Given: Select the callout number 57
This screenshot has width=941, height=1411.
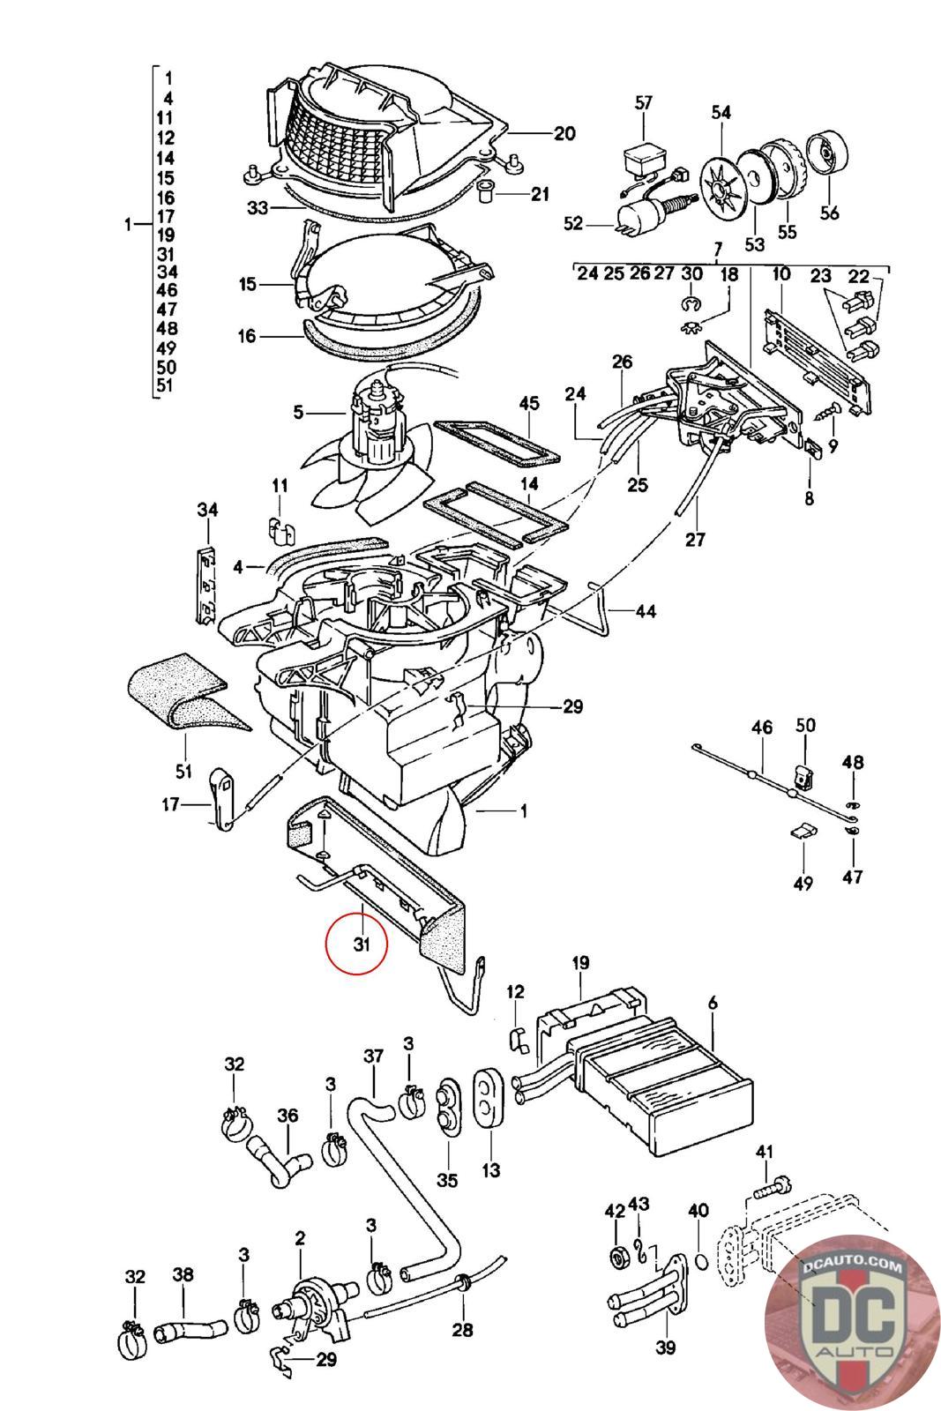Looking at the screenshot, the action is pos(643,102).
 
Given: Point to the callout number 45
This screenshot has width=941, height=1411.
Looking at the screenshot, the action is pos(529,402).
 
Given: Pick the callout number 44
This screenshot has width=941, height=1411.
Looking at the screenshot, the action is pos(646,611).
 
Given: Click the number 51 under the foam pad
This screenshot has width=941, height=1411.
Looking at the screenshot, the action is pos(183,771).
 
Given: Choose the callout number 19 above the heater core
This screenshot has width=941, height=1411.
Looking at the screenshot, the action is pos(580,962).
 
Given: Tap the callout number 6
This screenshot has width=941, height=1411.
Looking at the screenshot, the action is pos(713,1003).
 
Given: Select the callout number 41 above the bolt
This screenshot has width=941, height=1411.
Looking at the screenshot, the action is pos(764,1152).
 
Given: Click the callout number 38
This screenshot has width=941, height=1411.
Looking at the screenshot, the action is pos(183,1274).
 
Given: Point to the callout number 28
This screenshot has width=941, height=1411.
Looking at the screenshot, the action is pos(462,1330).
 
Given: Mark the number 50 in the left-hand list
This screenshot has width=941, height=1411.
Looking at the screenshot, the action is pos(167,367).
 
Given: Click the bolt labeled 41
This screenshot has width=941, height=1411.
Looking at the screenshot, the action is pos(770,1190).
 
